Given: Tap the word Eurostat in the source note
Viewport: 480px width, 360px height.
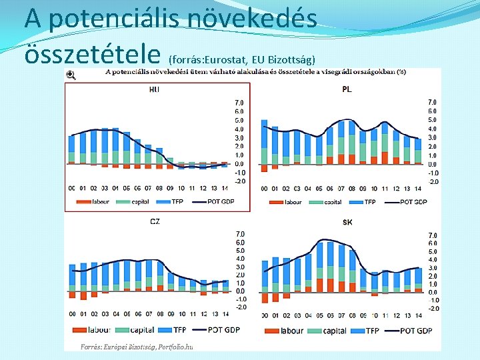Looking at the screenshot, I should point(236,61).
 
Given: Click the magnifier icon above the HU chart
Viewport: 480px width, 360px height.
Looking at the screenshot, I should point(71,75).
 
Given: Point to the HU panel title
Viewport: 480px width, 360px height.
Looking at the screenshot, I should point(155,89).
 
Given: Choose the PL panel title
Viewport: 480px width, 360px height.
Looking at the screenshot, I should point(347,89).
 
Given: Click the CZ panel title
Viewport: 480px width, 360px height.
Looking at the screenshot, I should point(155,221).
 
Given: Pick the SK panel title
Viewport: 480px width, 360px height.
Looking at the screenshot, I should point(347,221).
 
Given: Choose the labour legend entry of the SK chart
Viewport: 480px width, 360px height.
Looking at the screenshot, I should point(292,331).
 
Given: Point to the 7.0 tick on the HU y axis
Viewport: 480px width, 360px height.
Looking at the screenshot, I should point(239,103).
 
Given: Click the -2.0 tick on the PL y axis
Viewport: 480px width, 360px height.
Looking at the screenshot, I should point(433,181).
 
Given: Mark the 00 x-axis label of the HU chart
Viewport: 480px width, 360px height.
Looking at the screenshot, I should point(71,188).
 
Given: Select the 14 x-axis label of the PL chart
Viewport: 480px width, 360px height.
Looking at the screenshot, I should point(418,189).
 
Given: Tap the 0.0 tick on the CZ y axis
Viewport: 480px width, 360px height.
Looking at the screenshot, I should point(240,291).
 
